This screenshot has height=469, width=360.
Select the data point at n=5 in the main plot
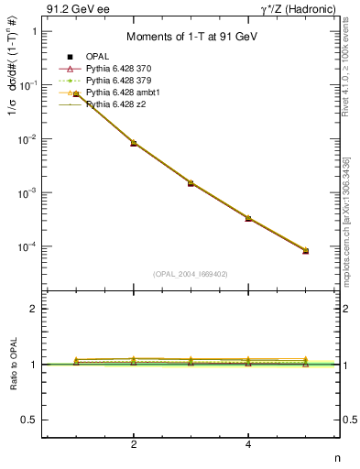pyautogui.click(x=306, y=250)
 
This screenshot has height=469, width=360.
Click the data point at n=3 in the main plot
pyautogui.click(x=191, y=183)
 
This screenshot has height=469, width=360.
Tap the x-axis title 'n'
pyautogui.click(x=337, y=458)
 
